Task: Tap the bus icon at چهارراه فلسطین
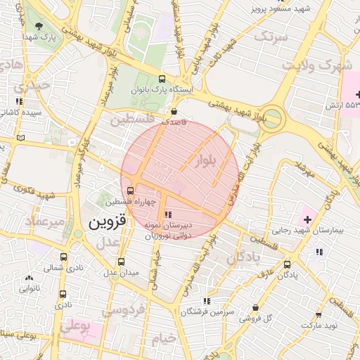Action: [130, 190]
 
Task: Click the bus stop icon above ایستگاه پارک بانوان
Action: [163, 79]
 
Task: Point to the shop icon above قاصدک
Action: [174, 110]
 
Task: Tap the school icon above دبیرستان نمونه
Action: [167, 214]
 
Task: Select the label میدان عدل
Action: [120, 272]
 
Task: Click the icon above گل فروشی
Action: [254, 307]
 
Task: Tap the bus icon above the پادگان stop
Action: [286, 265]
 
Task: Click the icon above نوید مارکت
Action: [319, 315]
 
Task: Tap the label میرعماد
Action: [44, 221]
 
